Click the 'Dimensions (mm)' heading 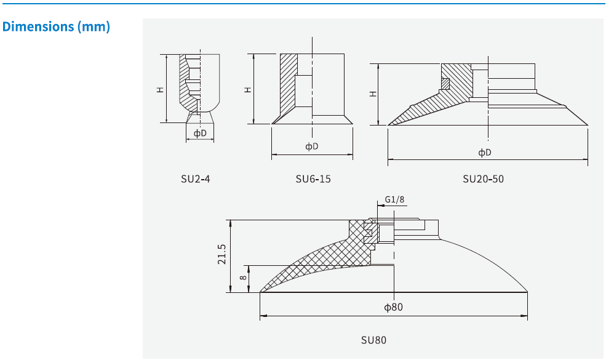tap(56, 27)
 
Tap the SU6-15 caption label tap(313, 179)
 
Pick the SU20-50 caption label tap(483, 179)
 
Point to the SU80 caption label tap(373, 340)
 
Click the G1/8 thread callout tap(394, 199)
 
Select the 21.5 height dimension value tap(222, 255)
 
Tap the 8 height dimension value tap(243, 278)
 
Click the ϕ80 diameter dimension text tap(393, 306)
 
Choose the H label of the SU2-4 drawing tap(159, 89)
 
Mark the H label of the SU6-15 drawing tap(248, 89)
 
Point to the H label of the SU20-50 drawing tap(373, 94)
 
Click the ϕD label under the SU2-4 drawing tap(200, 133)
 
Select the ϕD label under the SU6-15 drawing tap(312, 146)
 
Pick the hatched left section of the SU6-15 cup tap(287, 86)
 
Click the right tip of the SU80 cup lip tap(527, 292)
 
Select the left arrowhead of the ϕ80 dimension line tap(263, 316)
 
